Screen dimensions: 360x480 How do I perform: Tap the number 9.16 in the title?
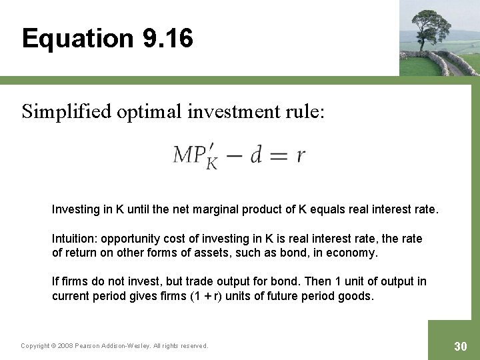point(167,38)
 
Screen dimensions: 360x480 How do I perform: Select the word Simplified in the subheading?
point(66,112)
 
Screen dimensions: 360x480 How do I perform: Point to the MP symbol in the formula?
point(189,155)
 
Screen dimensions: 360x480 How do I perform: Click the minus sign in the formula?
point(233,155)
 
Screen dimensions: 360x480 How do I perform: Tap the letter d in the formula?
point(255,155)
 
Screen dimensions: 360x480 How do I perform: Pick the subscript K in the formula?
point(212,163)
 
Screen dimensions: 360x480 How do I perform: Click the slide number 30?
point(460,346)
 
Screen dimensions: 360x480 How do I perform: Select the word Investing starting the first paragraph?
point(75,209)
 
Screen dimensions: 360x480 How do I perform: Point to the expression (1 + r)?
point(203,296)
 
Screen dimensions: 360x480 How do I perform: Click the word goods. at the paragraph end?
point(357,296)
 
